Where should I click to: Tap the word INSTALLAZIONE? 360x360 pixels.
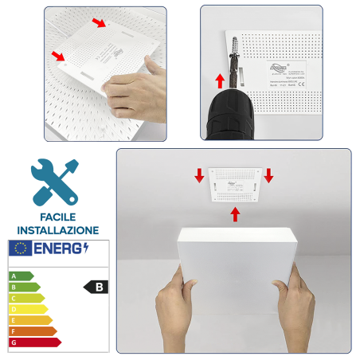pos(56,229)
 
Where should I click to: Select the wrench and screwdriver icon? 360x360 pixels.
pos(55,182)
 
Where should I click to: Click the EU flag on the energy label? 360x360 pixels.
pos(19,248)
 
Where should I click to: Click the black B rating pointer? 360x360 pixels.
pos(96,287)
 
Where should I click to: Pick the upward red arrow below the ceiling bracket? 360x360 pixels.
pos(235,213)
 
